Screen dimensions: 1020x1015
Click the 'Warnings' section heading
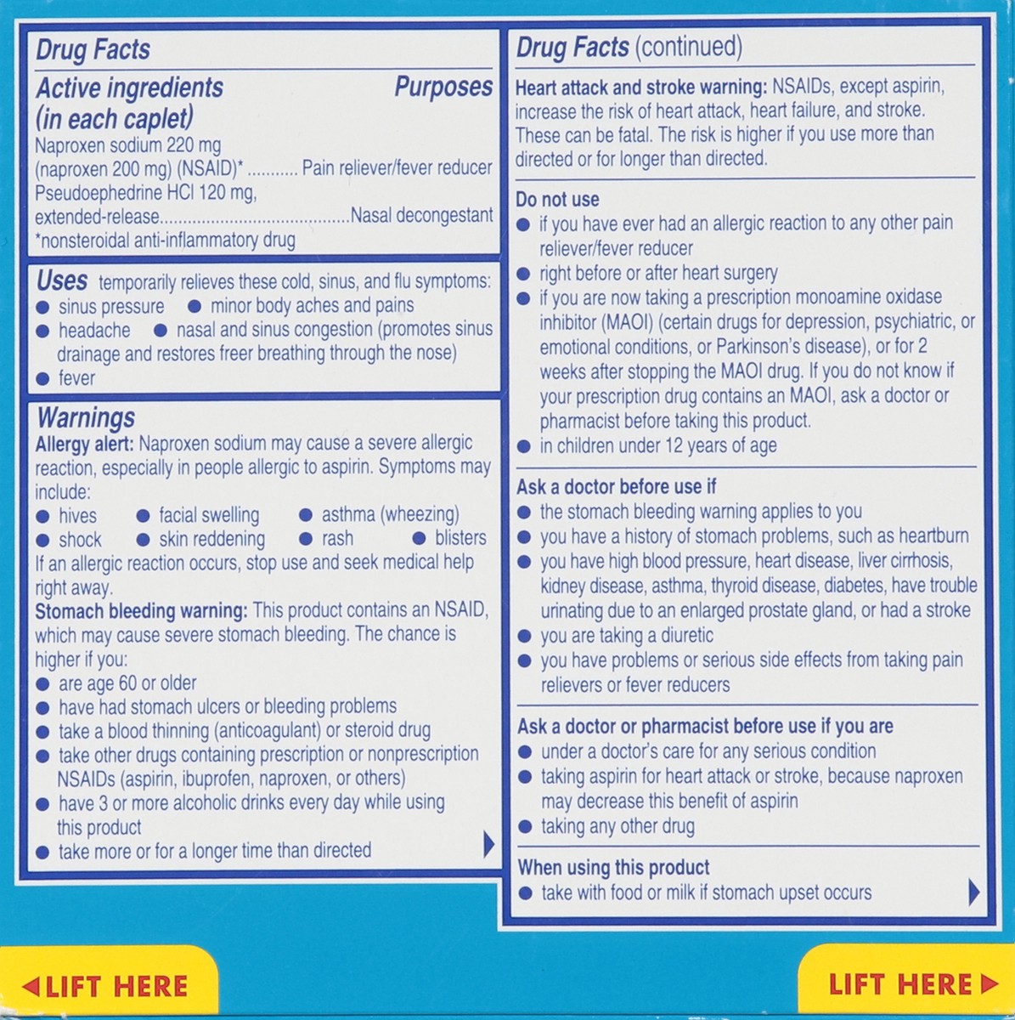coord(85,417)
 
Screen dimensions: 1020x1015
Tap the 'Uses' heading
coord(61,280)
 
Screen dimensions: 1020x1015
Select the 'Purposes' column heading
coord(443,88)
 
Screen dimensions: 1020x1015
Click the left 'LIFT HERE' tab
coord(105,986)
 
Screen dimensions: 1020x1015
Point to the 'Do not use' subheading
coord(557,200)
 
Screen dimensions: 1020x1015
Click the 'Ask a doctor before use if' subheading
coord(616,487)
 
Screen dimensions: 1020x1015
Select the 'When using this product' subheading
coord(613,868)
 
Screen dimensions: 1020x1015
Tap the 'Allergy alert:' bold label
coord(84,443)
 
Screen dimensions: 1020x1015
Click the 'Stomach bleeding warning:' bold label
coord(141,610)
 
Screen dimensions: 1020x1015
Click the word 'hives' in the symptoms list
coord(77,515)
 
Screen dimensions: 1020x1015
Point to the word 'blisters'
coord(460,538)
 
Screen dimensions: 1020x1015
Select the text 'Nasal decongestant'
coord(421,216)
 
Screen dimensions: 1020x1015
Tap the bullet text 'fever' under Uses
coord(76,378)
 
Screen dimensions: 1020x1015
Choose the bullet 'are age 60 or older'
coord(127,683)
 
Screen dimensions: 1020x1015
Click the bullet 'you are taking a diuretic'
coord(627,636)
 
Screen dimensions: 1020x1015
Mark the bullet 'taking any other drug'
coord(617,826)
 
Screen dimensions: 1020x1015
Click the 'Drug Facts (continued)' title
coord(629,48)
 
